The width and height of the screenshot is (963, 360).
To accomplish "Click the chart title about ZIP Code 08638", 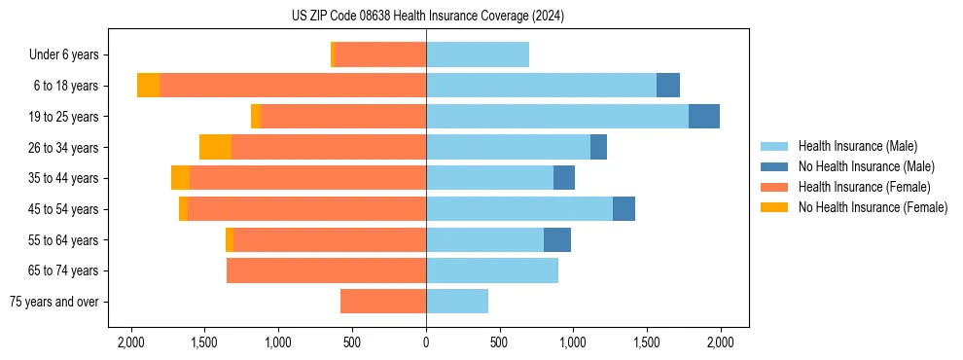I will pyautogui.click(x=427, y=17).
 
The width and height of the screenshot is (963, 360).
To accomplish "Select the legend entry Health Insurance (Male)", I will pyautogui.click(x=856, y=146).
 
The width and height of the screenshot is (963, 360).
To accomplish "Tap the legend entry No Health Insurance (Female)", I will pyautogui.click(x=873, y=207).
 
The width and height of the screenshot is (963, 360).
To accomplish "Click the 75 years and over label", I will pyautogui.click(x=54, y=302).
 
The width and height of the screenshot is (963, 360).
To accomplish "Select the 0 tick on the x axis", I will pyautogui.click(x=426, y=342).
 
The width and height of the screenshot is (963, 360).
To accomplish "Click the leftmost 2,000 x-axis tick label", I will pyautogui.click(x=131, y=342).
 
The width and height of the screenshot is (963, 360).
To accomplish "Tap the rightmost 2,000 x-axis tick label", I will pyautogui.click(x=721, y=342).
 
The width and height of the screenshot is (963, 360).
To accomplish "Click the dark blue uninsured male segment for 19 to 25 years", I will pyautogui.click(x=704, y=117).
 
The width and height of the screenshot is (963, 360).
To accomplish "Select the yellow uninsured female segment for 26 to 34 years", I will pyautogui.click(x=215, y=147).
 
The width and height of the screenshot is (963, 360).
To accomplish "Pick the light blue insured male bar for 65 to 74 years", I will pyautogui.click(x=492, y=270).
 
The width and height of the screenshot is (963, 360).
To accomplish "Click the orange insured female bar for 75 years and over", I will pyautogui.click(x=383, y=302).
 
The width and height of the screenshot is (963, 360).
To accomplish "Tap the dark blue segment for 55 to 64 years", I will pyautogui.click(x=557, y=239).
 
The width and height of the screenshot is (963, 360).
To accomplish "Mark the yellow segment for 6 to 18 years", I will pyautogui.click(x=148, y=86).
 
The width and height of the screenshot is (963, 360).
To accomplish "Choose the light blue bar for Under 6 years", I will pyautogui.click(x=478, y=54).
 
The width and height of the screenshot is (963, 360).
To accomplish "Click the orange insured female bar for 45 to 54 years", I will pyautogui.click(x=306, y=209).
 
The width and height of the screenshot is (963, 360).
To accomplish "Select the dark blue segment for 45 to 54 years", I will pyautogui.click(x=624, y=209).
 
